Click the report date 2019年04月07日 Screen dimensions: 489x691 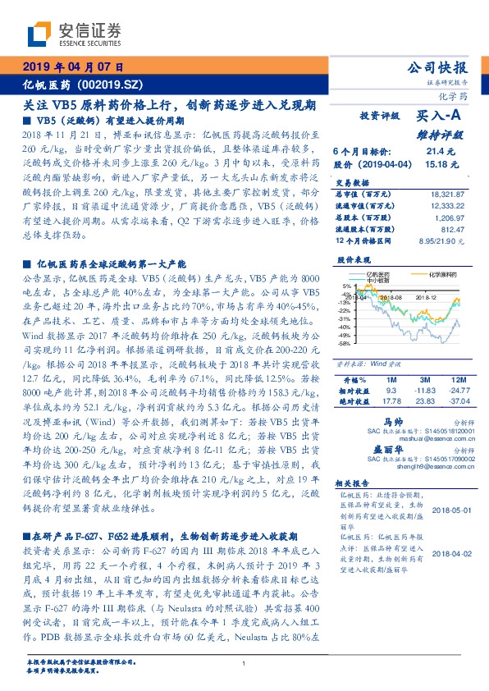pos(75,66)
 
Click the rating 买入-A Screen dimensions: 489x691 pos(444,117)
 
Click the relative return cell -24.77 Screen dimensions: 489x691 pos(459,391)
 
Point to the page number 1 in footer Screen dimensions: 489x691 pos(244,664)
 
